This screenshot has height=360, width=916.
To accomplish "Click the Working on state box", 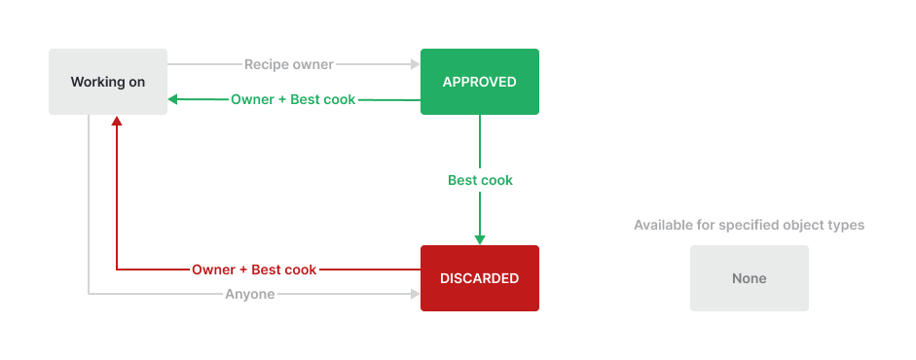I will (x=108, y=82).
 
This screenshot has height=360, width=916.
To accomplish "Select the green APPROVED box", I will (x=479, y=82).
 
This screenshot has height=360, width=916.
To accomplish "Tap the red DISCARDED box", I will (x=479, y=278).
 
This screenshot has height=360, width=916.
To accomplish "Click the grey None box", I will (x=749, y=278).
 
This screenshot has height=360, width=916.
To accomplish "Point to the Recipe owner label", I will (x=289, y=64).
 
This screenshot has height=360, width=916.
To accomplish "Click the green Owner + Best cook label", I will (x=293, y=99).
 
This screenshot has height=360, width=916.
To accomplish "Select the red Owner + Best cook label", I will (x=254, y=270).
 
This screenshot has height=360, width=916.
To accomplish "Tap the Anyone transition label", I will (x=250, y=294).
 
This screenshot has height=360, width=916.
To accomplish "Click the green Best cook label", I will (x=480, y=180).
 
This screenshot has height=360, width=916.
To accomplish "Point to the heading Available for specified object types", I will (x=749, y=225).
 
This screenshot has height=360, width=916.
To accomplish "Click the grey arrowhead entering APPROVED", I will (x=415, y=64).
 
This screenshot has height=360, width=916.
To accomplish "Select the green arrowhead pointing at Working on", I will (x=173, y=99).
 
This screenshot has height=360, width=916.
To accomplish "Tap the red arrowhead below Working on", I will (x=116, y=122).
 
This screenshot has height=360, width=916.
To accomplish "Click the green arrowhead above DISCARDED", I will (x=480, y=239).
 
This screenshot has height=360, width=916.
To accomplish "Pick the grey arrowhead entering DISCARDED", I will (x=415, y=294).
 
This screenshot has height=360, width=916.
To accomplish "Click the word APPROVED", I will (x=479, y=82).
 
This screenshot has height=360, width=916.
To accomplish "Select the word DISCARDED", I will (x=479, y=278).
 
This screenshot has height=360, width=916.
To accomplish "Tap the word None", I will (x=749, y=278).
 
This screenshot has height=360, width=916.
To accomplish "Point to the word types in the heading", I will (x=845, y=225).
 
